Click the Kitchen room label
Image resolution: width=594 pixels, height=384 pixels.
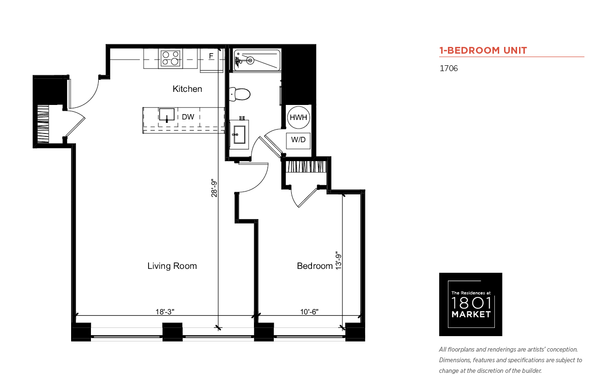point(187,89)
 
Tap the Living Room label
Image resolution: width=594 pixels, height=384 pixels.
point(172,266)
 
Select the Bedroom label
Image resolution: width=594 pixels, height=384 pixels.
point(315,266)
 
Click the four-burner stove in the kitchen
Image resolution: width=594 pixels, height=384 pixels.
point(171,59)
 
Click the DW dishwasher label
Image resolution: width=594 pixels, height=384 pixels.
point(188,117)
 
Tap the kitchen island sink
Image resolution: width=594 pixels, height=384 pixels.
point(167,115)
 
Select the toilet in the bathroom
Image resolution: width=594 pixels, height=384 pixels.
point(239,94)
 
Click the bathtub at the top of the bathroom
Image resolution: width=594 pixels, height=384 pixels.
point(257,60)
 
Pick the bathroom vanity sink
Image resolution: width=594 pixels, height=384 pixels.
point(239,134)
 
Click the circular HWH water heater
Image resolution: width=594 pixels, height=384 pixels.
point(298,118)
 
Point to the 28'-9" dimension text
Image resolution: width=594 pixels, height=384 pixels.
point(214,189)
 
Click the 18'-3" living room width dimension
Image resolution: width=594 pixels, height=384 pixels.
point(164,311)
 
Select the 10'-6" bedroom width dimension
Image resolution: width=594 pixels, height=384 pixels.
point(309,311)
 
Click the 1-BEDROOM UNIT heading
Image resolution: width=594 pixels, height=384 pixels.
point(483,50)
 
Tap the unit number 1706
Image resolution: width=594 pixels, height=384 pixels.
point(449,68)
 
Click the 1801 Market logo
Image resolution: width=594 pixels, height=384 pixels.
point(471,304)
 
